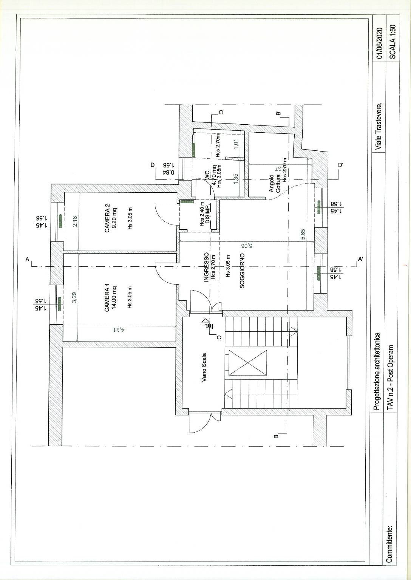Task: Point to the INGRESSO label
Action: click(x=206, y=268)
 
